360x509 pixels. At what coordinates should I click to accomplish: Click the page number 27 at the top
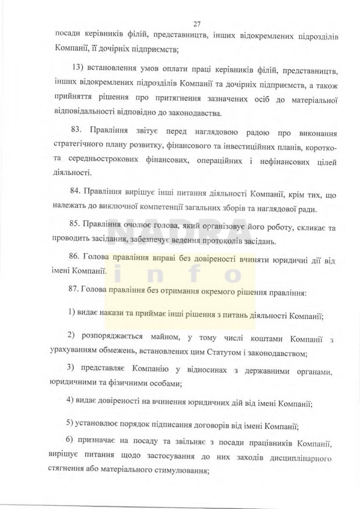pyautogui.click(x=196, y=23)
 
